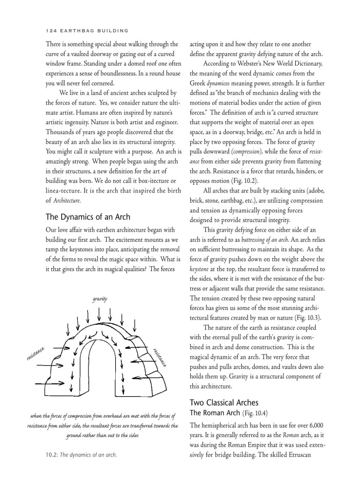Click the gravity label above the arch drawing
tap(100, 298)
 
